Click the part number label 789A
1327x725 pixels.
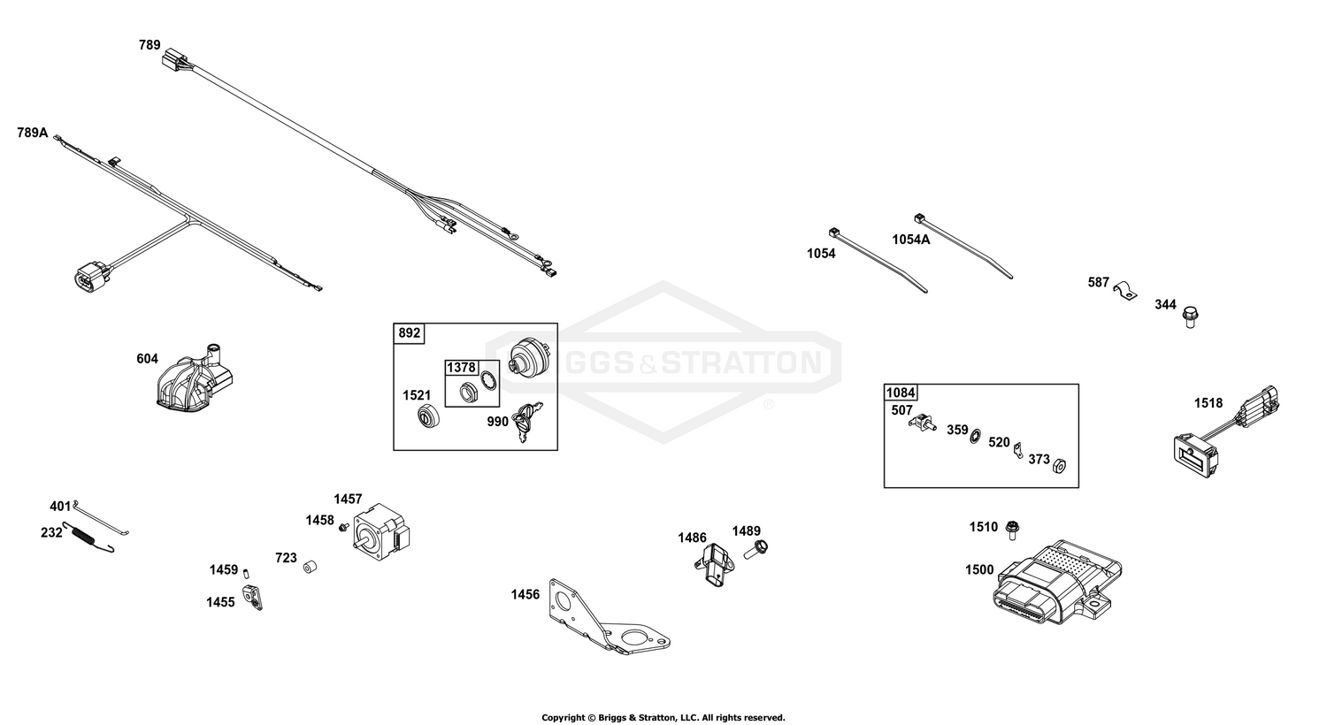pyautogui.click(x=33, y=133)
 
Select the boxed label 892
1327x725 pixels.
pyautogui.click(x=410, y=333)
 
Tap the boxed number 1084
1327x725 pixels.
pyautogui.click(x=901, y=393)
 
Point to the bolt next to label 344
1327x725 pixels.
pyautogui.click(x=1190, y=317)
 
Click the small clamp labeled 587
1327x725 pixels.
pyautogui.click(x=1125, y=289)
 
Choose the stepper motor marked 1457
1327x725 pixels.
pyautogui.click(x=381, y=532)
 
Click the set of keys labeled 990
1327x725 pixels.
pyautogui.click(x=527, y=422)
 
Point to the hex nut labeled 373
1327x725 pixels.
pyautogui.click(x=1059, y=466)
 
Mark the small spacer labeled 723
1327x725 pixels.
pyautogui.click(x=310, y=567)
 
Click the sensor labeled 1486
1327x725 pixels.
pyautogui.click(x=713, y=564)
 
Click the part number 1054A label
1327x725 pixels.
pyautogui.click(x=911, y=240)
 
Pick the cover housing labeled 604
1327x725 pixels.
pyautogui.click(x=195, y=378)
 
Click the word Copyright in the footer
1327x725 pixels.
pyautogui.click(x=564, y=718)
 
